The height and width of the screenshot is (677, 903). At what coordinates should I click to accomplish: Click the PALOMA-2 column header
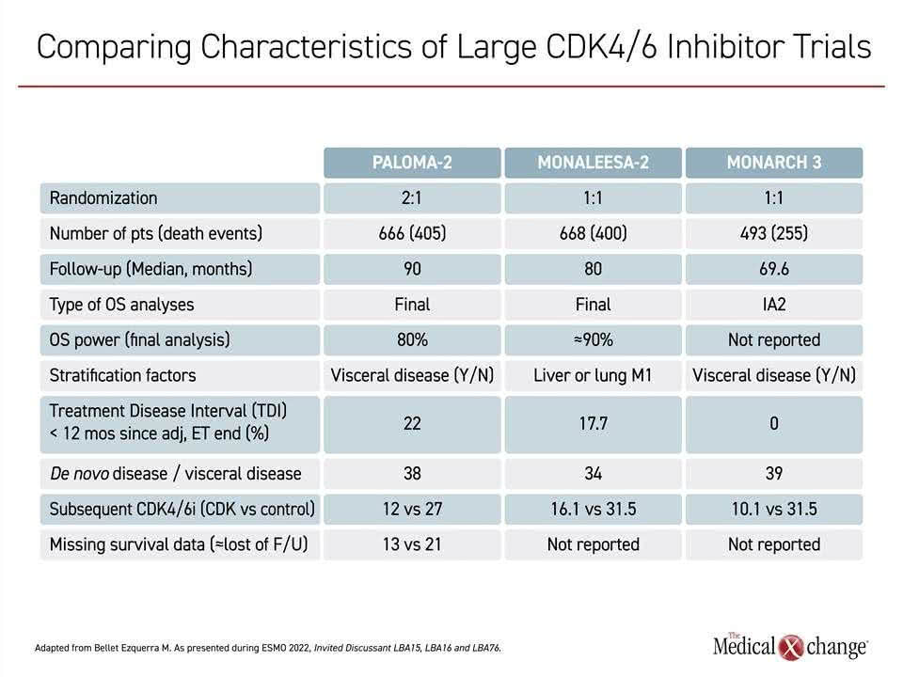(412, 163)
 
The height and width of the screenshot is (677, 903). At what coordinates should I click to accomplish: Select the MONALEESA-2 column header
(594, 163)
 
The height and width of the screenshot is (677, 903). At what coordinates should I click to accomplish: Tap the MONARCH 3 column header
(774, 163)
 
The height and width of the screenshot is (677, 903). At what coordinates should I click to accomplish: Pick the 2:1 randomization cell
(412, 198)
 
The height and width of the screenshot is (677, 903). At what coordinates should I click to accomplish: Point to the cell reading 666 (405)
(412, 234)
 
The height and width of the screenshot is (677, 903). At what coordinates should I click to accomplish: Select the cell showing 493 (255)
(774, 234)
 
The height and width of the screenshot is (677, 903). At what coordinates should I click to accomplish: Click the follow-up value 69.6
(774, 269)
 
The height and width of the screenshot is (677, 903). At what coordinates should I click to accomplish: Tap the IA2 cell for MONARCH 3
(774, 305)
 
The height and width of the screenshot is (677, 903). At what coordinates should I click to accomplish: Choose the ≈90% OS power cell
(594, 340)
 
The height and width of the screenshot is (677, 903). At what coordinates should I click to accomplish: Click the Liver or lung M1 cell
(594, 375)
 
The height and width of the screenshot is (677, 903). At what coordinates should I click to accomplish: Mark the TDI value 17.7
(594, 424)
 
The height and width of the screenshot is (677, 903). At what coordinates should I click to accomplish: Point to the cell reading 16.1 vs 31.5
(594, 509)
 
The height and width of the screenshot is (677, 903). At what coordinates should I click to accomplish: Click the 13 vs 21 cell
(412, 544)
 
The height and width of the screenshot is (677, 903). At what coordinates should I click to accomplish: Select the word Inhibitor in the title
(725, 47)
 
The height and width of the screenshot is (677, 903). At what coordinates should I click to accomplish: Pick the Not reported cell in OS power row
(774, 340)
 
